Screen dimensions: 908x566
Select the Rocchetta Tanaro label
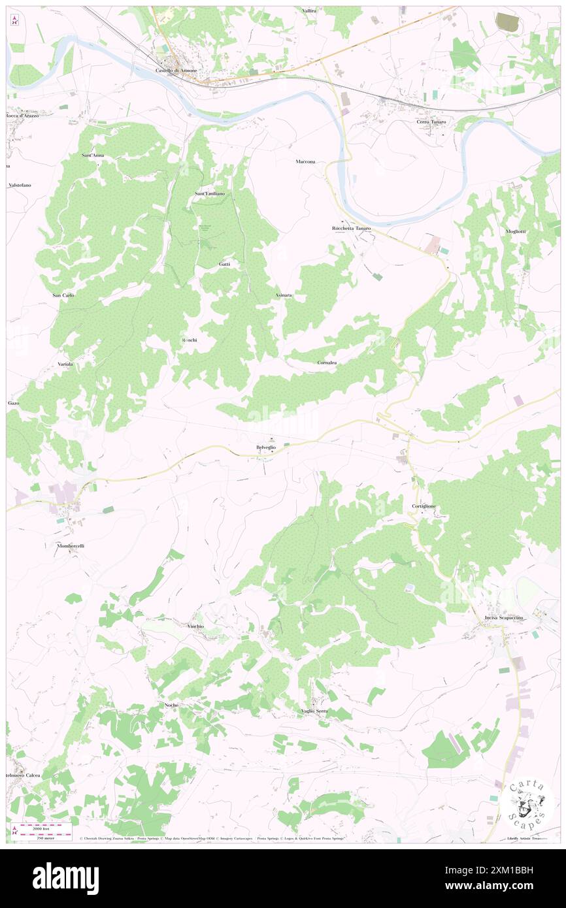click(x=351, y=228)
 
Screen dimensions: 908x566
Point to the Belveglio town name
click(x=266, y=447)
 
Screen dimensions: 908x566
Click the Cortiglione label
click(x=424, y=506)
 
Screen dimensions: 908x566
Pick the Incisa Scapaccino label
click(x=504, y=617)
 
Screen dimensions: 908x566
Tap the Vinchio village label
click(x=196, y=626)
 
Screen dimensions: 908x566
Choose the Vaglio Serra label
click(x=314, y=711)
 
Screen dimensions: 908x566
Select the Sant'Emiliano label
click(x=210, y=194)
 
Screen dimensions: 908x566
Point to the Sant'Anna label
click(x=93, y=155)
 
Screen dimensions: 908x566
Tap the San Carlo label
click(x=63, y=295)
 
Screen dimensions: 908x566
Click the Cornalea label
click(x=327, y=363)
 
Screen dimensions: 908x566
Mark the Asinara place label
click(x=284, y=295)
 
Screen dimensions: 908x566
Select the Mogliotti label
click(x=516, y=231)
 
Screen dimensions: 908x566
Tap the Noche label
click(x=171, y=705)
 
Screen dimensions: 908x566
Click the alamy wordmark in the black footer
click(x=66, y=877)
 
